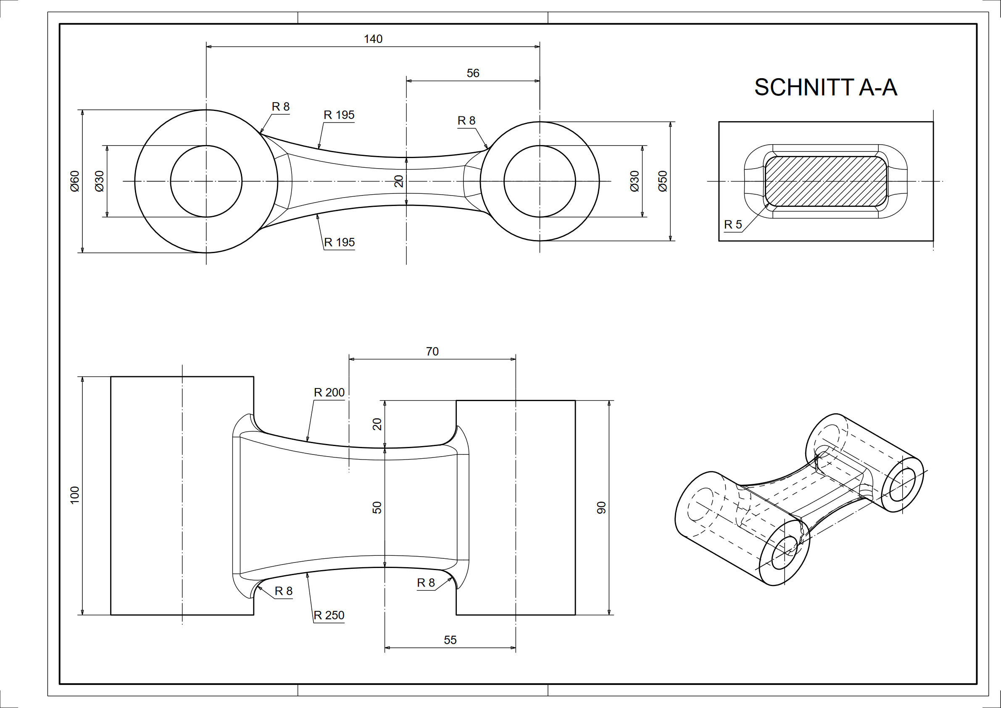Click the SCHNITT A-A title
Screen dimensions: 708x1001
click(825, 88)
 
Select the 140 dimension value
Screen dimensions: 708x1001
click(373, 39)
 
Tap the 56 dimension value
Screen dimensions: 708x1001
click(473, 73)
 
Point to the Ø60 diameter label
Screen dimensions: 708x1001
click(75, 181)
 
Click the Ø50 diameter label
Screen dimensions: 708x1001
click(663, 181)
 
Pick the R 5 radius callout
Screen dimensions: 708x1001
click(733, 225)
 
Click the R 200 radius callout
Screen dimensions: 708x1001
click(329, 393)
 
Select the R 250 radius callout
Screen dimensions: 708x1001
click(329, 615)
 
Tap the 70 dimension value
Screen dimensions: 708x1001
click(432, 351)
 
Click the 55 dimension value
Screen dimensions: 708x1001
click(450, 640)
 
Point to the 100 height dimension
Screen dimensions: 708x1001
click(75, 495)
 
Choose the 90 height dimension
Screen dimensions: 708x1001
click(601, 507)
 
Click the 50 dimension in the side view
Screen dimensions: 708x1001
click(377, 507)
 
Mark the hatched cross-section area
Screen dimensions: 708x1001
click(826, 181)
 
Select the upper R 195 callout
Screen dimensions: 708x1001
click(339, 115)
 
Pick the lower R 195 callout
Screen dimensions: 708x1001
click(339, 243)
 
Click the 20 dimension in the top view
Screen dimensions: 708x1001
click(399, 181)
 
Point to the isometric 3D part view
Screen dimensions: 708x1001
click(800, 499)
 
